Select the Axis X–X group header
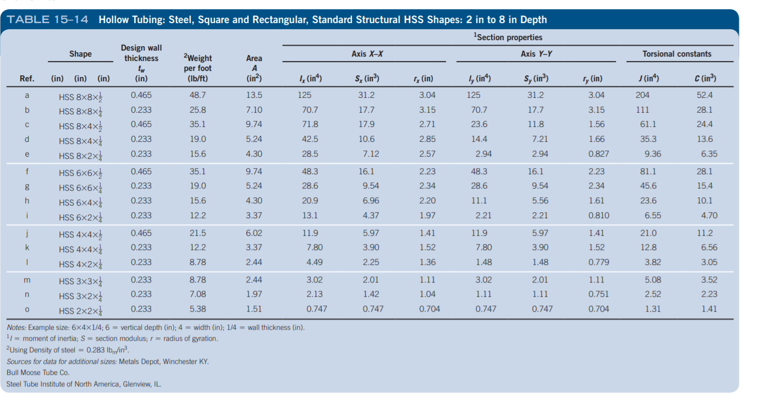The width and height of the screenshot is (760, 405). coord(367,54)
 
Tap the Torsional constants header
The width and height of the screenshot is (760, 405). coord(676,54)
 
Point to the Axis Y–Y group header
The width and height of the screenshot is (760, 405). coord(536,54)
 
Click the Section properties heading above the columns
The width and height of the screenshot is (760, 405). coord(508,37)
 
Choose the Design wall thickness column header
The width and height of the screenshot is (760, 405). coord(141,63)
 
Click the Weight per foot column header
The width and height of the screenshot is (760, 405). coord(197,68)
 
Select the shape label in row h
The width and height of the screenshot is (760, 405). coord(83,201)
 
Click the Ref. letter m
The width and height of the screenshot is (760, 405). coord(27,281)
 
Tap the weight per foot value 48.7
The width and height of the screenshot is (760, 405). coord(198,95)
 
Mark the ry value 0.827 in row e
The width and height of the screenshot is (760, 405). coord(598,154)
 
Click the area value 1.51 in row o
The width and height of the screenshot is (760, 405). coord(254,309)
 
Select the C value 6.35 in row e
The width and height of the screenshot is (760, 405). coord(709,154)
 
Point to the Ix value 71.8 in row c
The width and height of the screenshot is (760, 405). coord(311,125)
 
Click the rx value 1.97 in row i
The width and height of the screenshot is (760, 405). coord(427,216)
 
